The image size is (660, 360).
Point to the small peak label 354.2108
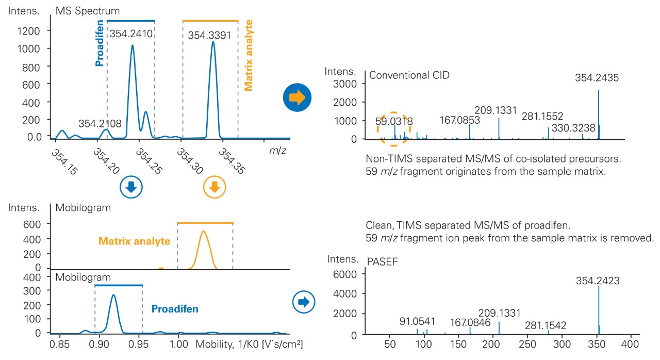click(x=100, y=124)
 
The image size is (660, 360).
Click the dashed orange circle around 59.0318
click(x=393, y=127)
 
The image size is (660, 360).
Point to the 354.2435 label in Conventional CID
click(x=597, y=78)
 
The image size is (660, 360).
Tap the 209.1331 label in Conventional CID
click(x=496, y=110)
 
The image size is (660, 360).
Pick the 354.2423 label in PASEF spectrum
click(x=598, y=281)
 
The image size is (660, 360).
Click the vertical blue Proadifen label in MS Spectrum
click(x=100, y=43)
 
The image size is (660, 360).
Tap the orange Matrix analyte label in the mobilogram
click(x=135, y=241)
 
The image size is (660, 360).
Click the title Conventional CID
click(x=409, y=75)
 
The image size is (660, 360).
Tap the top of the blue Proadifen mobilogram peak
click(x=113, y=295)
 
